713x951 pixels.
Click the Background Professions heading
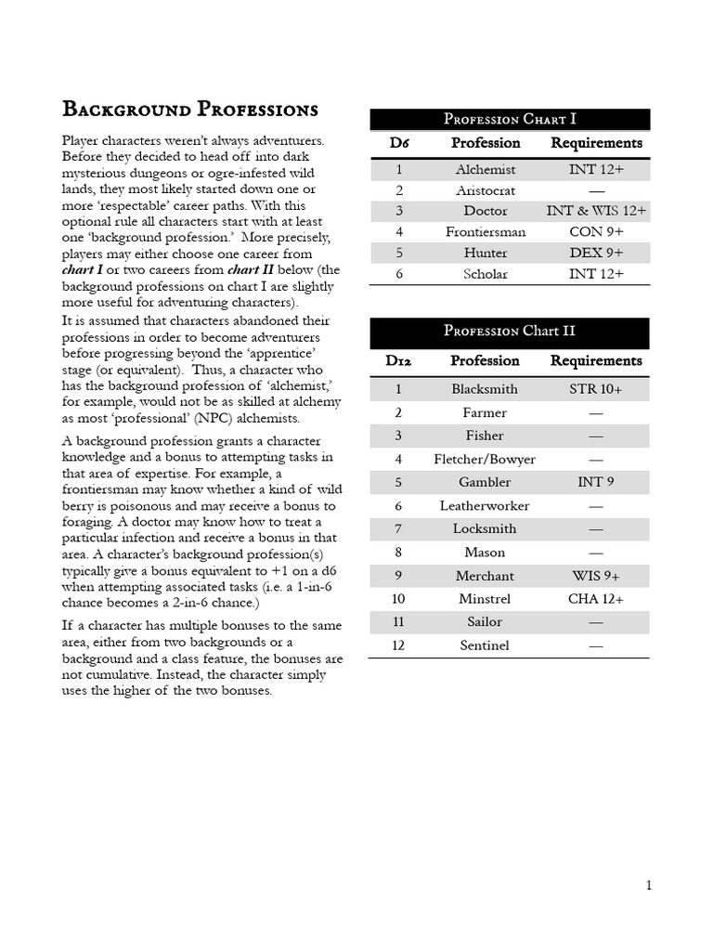point(190,110)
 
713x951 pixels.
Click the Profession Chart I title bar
point(510,119)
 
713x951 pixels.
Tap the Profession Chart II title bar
point(510,332)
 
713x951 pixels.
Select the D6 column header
point(399,143)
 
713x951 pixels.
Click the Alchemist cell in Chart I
point(486,170)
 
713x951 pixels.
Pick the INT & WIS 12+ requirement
point(596,211)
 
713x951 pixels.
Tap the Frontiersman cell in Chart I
point(486,232)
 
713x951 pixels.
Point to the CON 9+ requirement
point(596,232)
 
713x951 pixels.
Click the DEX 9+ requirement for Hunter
point(596,253)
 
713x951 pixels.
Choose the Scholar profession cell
point(486,273)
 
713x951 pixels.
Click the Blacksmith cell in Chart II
point(485,389)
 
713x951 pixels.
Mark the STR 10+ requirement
point(596,389)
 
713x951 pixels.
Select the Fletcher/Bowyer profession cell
point(485,459)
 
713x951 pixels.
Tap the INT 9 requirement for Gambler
point(596,482)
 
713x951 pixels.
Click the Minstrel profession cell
point(485,599)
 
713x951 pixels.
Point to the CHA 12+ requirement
point(596,599)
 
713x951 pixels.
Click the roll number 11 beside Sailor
point(399,622)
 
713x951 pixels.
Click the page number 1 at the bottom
point(649,885)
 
